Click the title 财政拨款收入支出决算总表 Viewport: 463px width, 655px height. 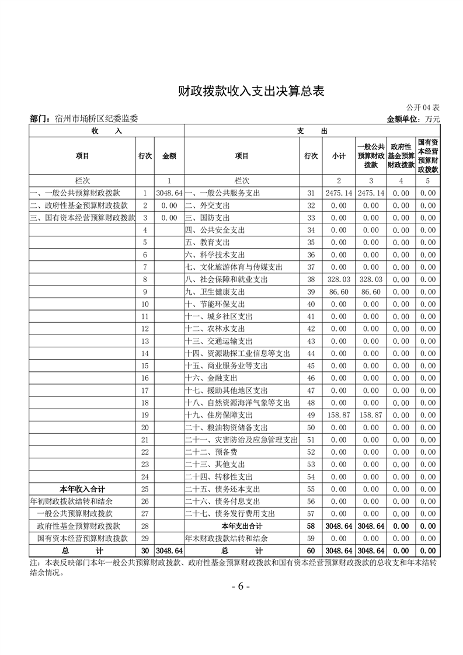click(250, 92)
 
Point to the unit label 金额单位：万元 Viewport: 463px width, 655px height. click(413, 119)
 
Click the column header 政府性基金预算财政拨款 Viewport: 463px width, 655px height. click(401, 155)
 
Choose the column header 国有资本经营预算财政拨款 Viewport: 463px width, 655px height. click(428, 155)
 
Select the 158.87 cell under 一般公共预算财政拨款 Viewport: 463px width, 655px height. click(371, 415)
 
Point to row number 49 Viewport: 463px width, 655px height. click(311, 415)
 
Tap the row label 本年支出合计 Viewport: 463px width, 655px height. click(242, 526)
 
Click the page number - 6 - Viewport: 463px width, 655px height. click(241, 587)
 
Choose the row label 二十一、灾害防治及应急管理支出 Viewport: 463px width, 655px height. click(241, 440)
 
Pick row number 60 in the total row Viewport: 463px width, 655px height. click(311, 551)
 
